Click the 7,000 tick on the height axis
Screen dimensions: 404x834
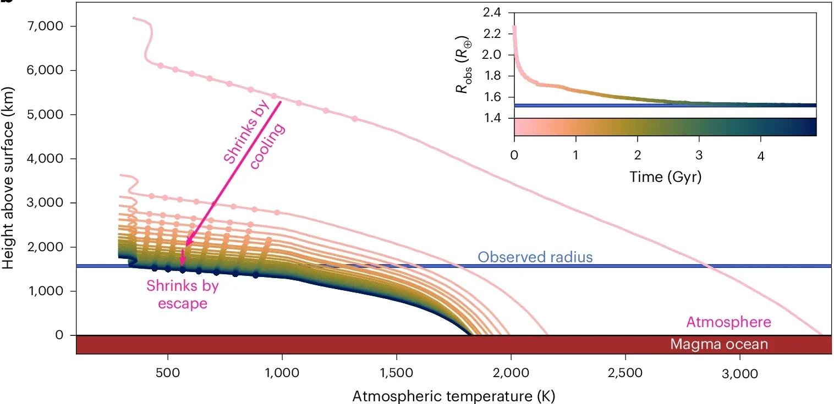(48, 26)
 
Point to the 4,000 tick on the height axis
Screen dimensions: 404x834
(48, 158)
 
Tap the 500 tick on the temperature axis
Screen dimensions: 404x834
(167, 374)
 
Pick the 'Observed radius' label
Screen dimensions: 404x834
(535, 257)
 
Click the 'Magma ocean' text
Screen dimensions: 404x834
(718, 345)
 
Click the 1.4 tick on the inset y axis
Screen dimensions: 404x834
(495, 118)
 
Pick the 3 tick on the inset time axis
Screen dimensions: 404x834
(699, 156)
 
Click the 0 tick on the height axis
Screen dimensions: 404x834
(59, 335)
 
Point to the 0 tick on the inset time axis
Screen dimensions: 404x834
(514, 156)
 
